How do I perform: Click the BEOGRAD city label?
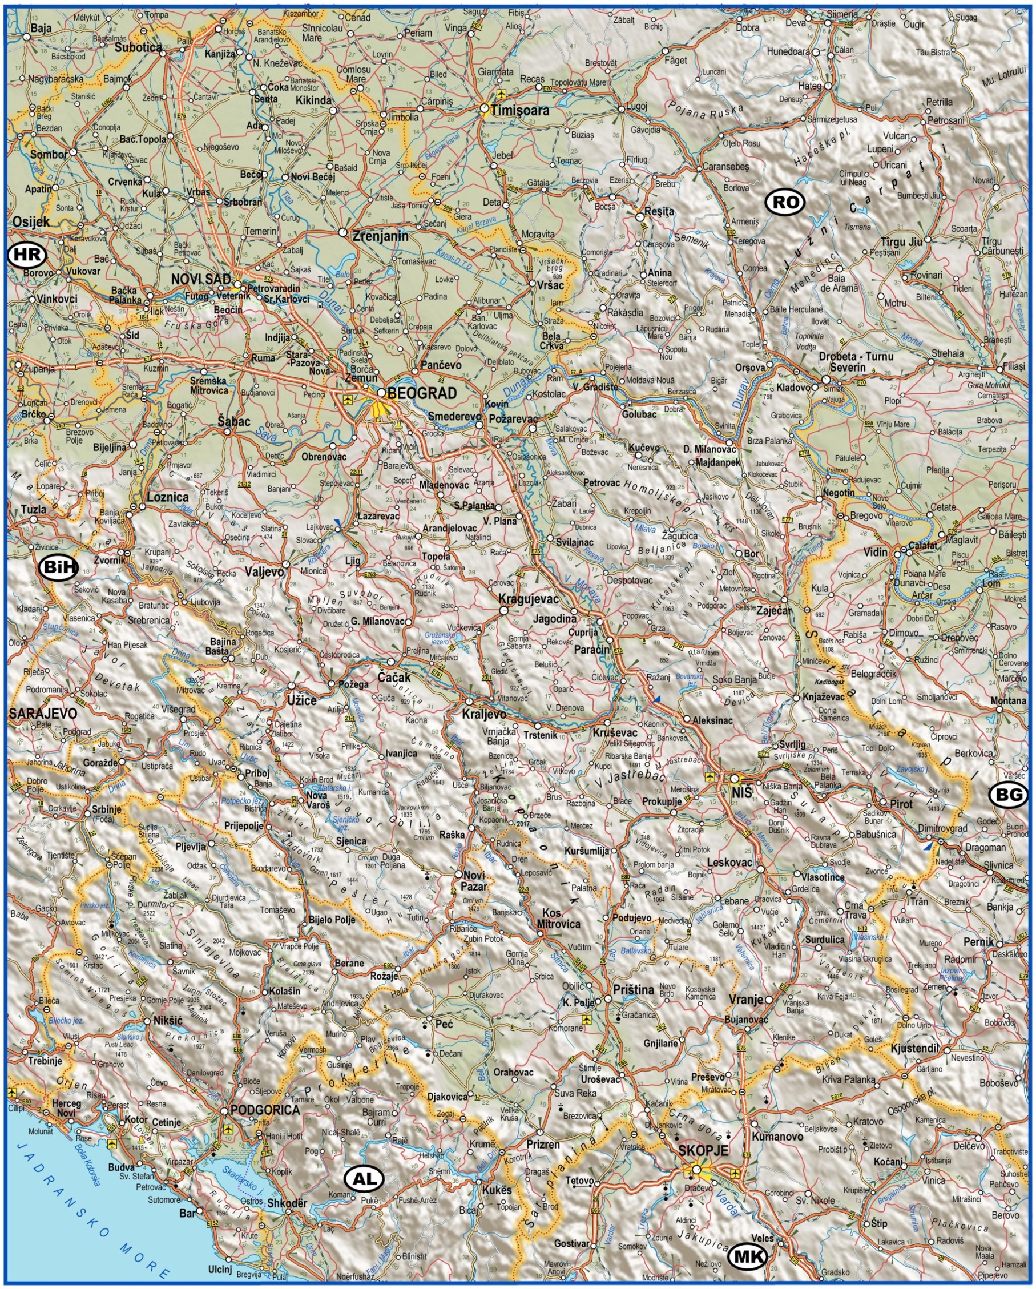421,393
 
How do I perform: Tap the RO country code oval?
784,203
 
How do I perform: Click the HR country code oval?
27,256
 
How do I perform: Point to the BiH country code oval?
58,567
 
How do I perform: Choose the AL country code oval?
365,1178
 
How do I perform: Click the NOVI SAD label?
200,279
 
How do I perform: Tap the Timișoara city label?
519,111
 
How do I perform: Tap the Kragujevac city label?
528,599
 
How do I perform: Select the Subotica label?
138,47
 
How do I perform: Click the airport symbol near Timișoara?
501,94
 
